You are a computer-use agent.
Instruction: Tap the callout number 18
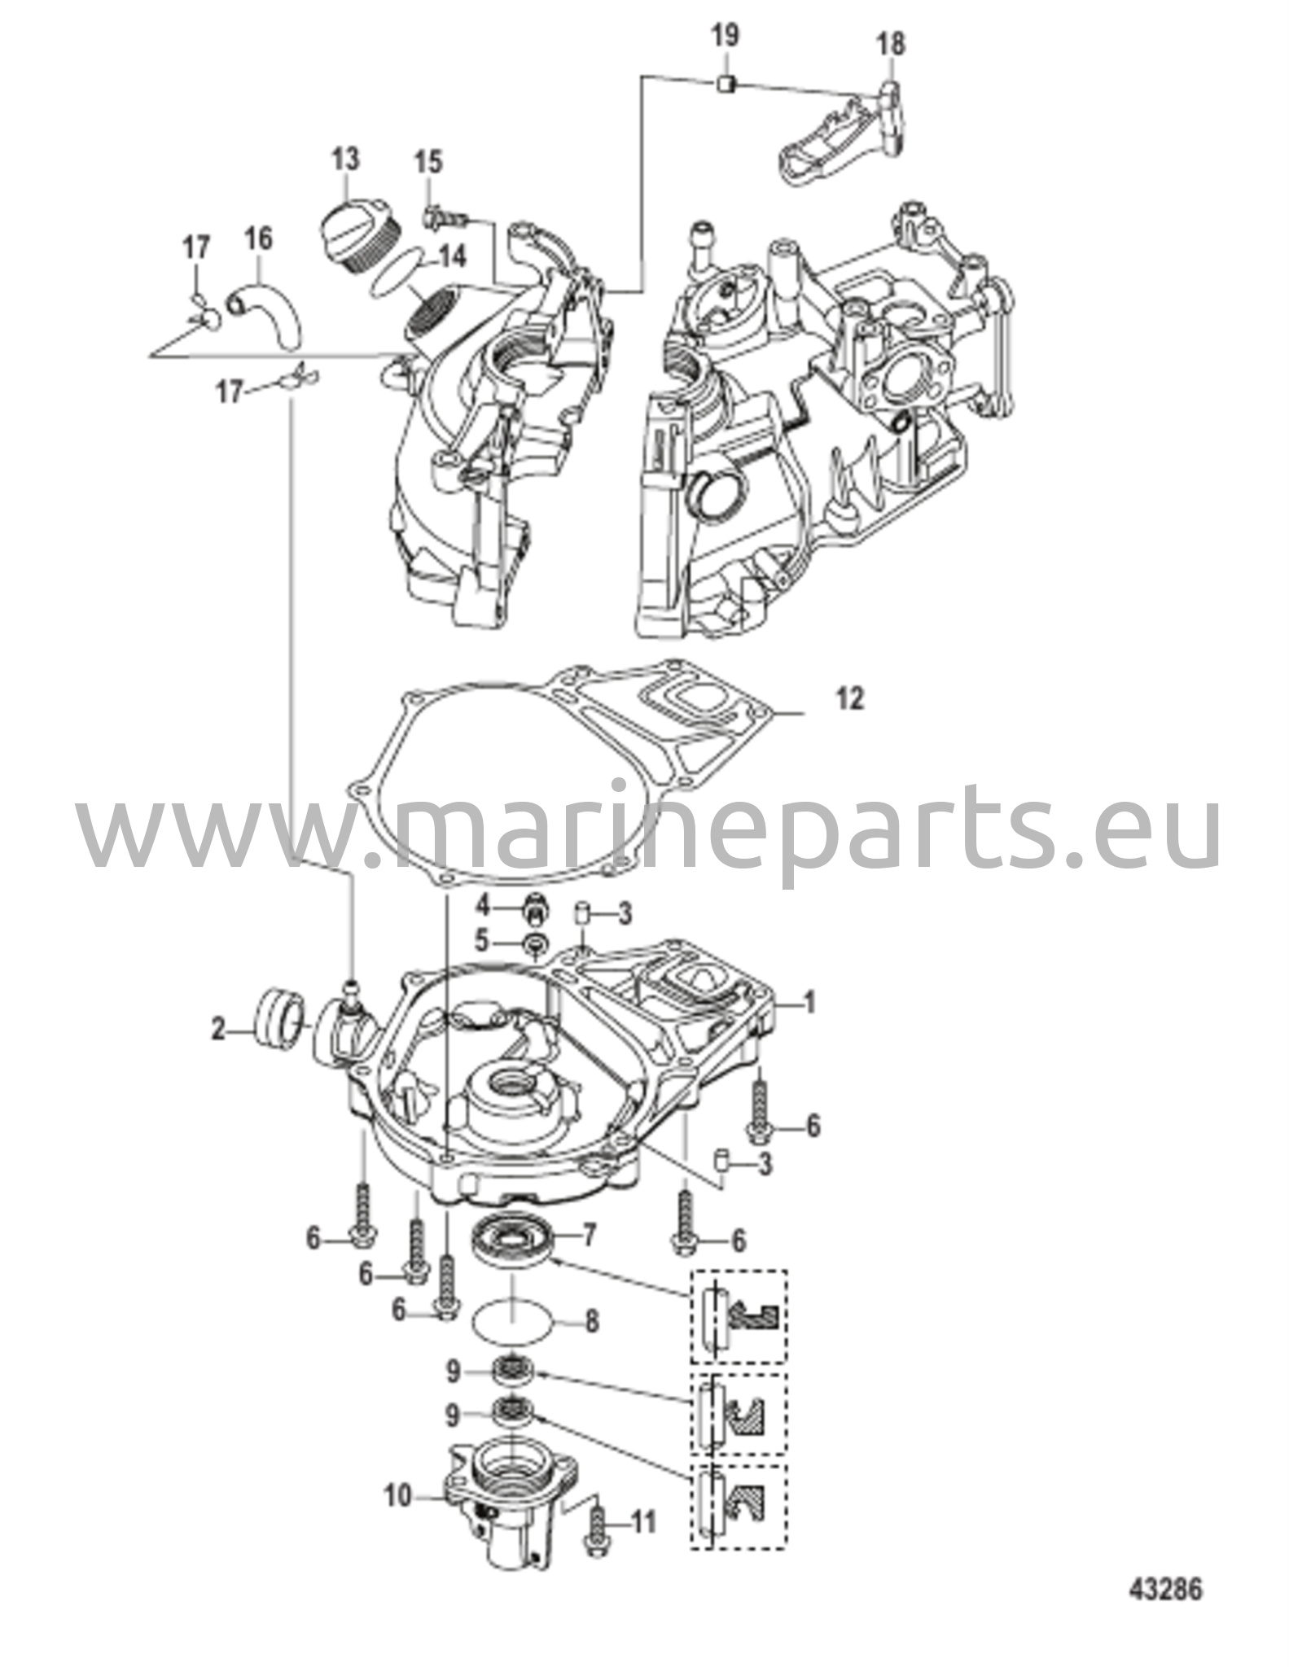click(892, 43)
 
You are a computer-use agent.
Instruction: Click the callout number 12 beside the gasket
click(848, 700)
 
